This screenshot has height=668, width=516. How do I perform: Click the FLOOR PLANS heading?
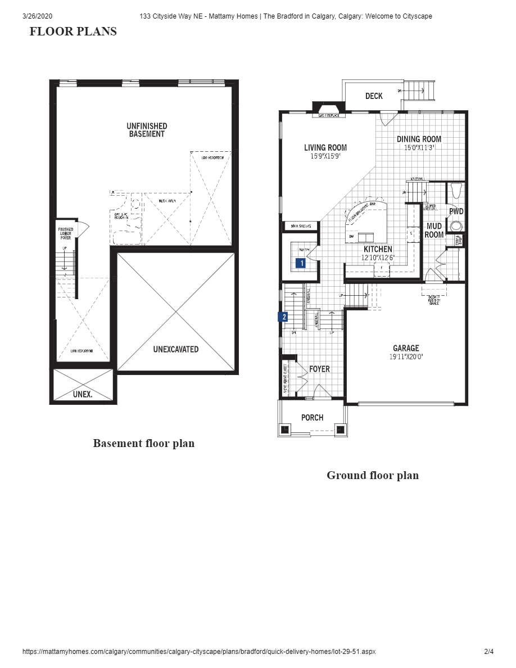click(73, 31)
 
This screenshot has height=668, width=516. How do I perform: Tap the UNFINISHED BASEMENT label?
click(147, 130)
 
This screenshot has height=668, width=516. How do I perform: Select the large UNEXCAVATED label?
click(176, 349)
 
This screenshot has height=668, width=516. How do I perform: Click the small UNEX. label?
click(83, 394)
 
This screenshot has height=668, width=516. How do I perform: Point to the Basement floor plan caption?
click(144, 443)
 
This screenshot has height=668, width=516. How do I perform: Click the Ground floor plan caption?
click(373, 475)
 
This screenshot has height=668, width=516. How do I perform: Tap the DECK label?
click(374, 96)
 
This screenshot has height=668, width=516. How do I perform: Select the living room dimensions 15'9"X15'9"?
click(325, 157)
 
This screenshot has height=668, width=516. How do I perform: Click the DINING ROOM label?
click(419, 139)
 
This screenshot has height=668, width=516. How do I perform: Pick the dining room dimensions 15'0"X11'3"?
click(419, 148)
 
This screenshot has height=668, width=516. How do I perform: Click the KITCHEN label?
click(378, 249)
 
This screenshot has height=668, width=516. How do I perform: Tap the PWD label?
click(456, 211)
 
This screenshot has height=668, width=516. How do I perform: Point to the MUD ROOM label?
click(434, 231)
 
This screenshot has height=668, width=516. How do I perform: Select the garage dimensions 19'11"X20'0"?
click(406, 356)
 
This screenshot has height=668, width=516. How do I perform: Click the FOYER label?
click(319, 369)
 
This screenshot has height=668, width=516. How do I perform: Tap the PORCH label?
click(312, 417)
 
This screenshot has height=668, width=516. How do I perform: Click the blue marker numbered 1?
click(301, 262)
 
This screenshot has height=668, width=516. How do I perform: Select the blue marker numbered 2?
click(284, 317)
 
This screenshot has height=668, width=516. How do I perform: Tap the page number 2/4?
click(488, 652)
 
